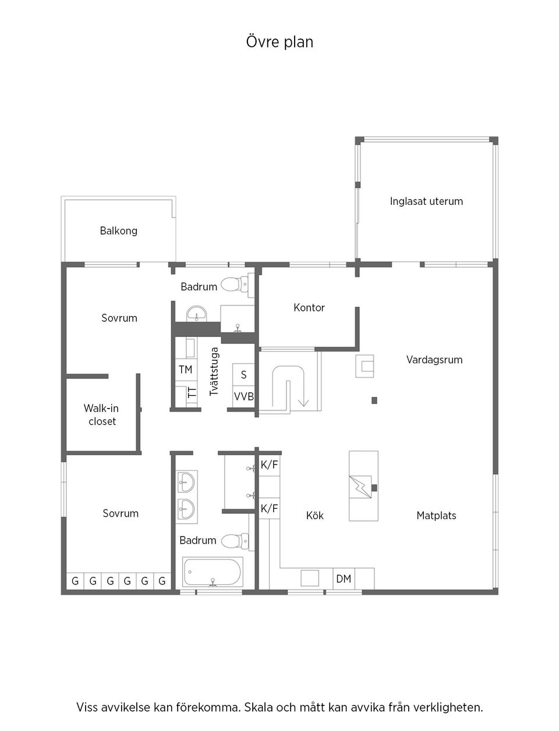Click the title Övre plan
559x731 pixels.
(279, 42)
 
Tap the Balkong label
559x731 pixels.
(118, 230)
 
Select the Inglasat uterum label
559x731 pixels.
(426, 201)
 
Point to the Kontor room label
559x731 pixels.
(309, 307)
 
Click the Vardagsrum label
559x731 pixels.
(434, 360)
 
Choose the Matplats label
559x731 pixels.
(436, 515)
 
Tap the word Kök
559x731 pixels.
(314, 515)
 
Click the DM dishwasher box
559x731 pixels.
(344, 579)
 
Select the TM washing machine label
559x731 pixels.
(185, 370)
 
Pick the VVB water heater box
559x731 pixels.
(243, 396)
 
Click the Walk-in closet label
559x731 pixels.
(102, 414)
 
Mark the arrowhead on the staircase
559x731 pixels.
(303, 402)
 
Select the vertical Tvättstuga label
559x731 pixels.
(214, 372)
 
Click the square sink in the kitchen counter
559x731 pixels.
(310, 578)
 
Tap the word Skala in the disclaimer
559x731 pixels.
(259, 708)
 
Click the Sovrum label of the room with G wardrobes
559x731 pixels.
(121, 513)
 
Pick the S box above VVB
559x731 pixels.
(243, 375)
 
